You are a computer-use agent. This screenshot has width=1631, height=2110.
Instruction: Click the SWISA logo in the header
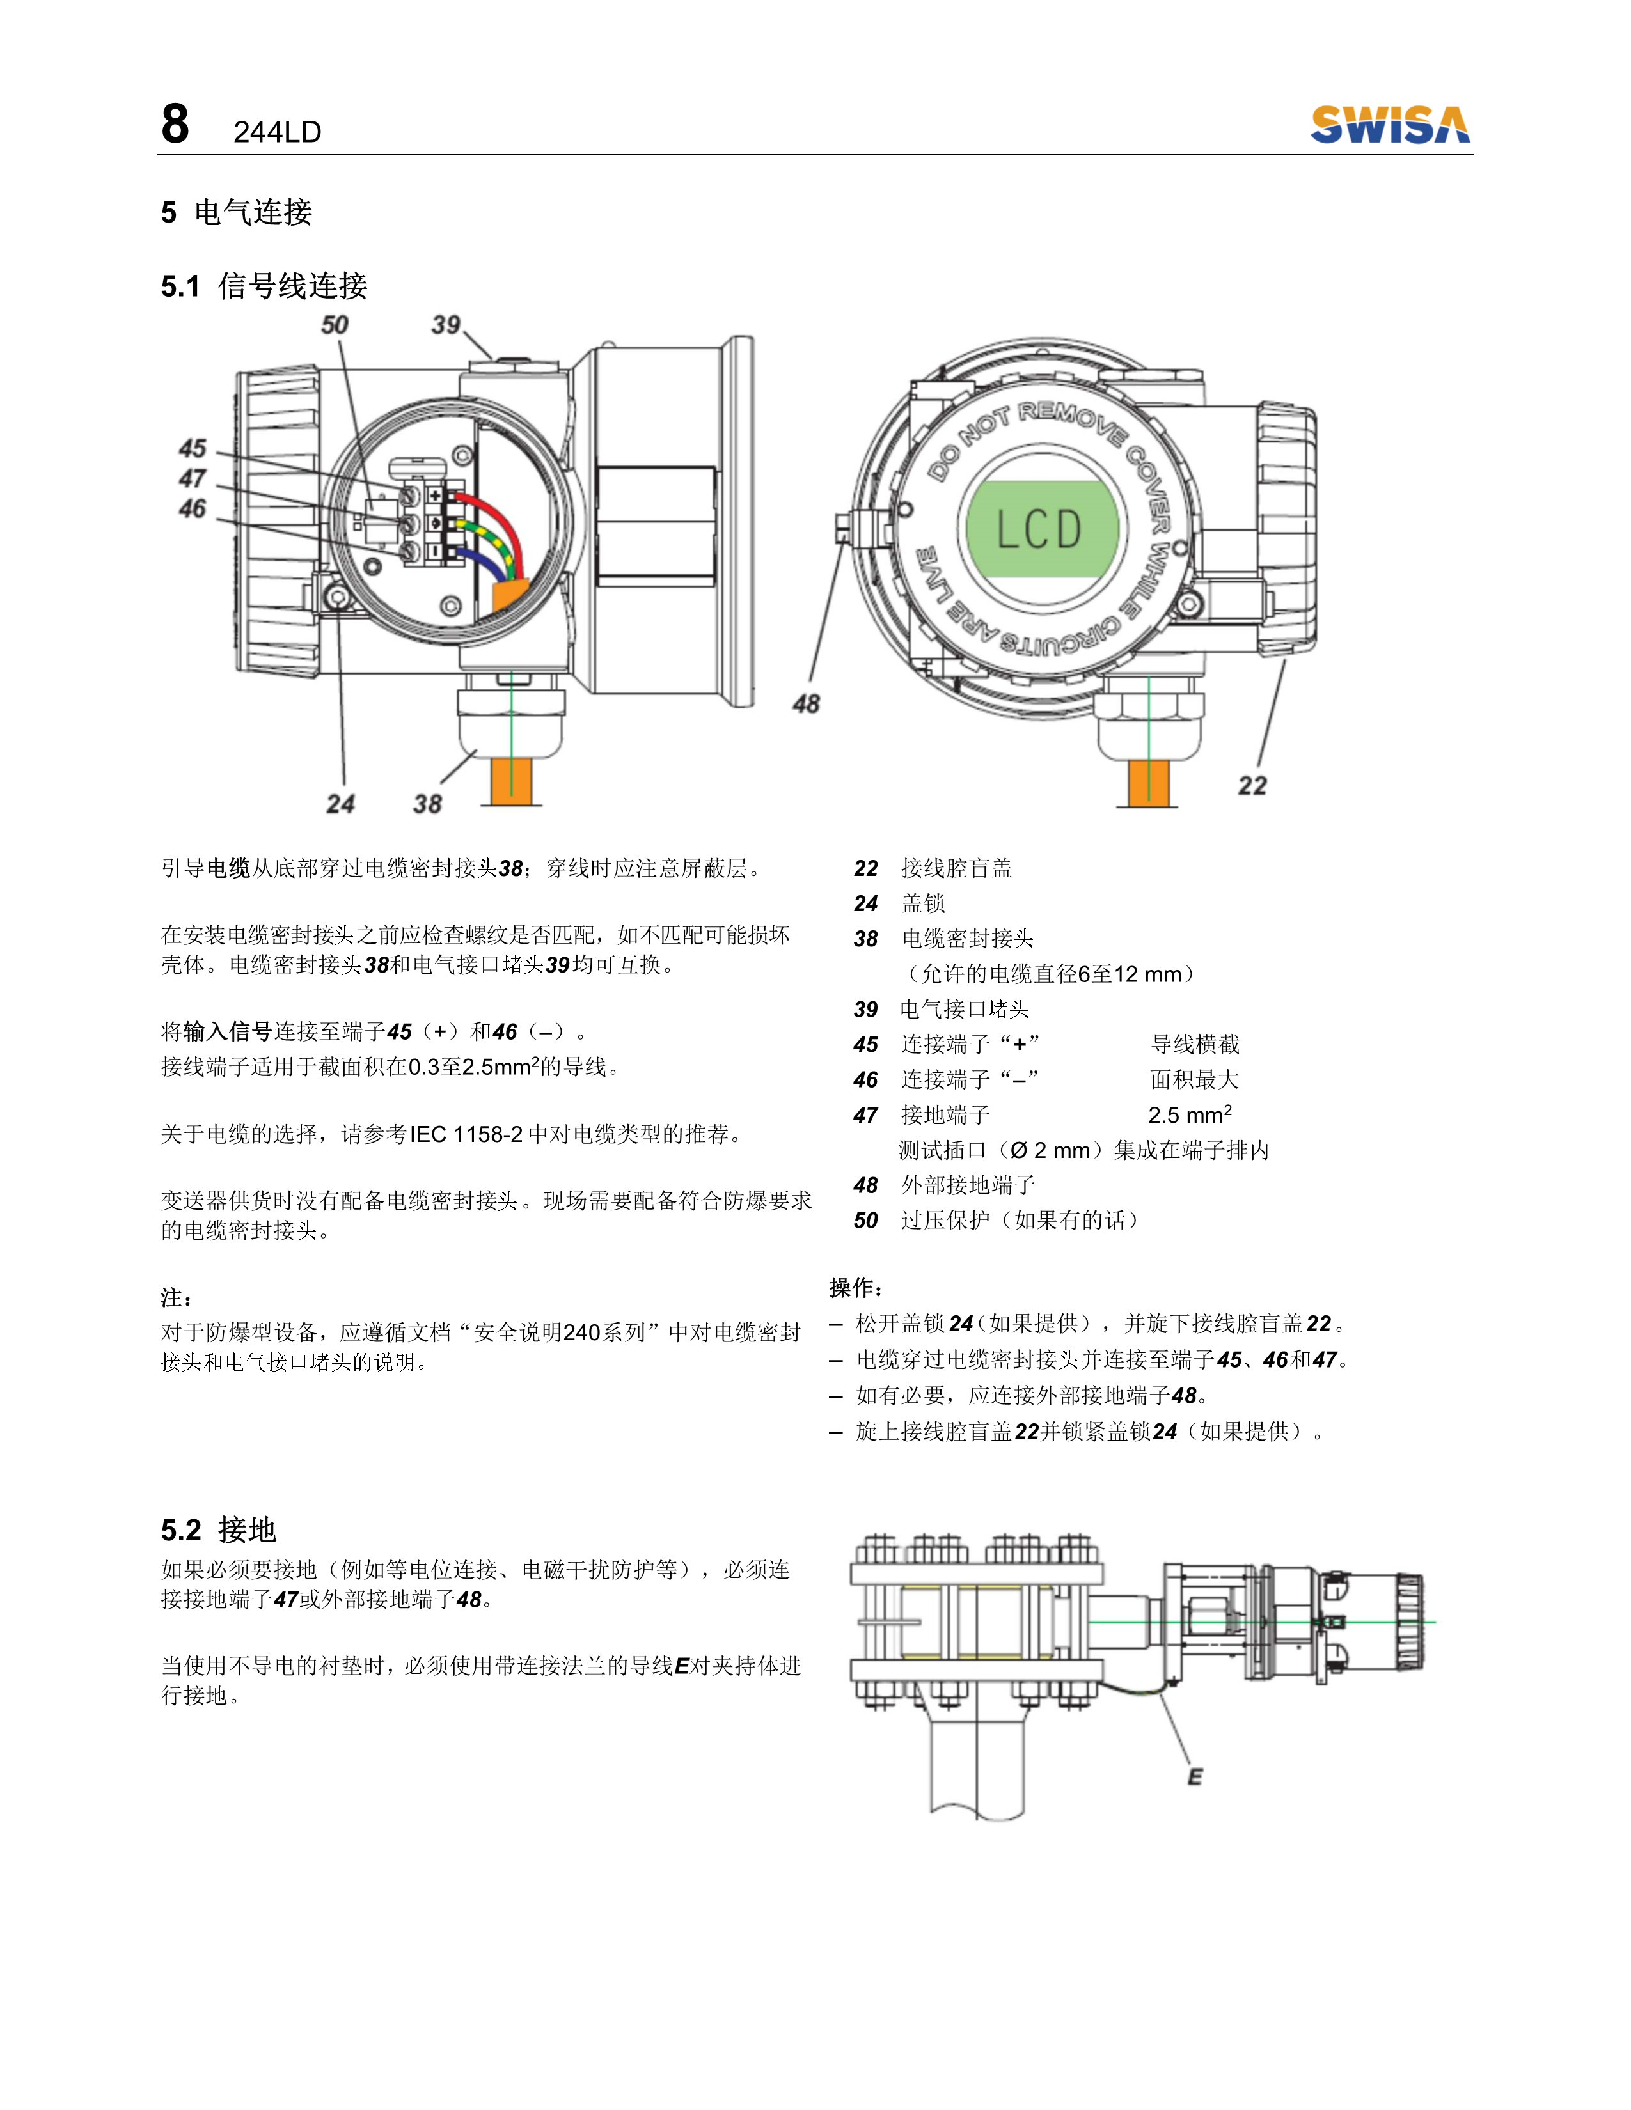pyautogui.click(x=1389, y=125)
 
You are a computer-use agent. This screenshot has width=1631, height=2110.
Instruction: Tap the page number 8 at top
pyautogui.click(x=175, y=125)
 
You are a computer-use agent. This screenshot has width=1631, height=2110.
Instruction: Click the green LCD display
pyautogui.click(x=1041, y=529)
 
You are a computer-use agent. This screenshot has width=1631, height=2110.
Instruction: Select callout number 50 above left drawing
pyautogui.click(x=335, y=325)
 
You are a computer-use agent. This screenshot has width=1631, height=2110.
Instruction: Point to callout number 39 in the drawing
pyautogui.click(x=445, y=325)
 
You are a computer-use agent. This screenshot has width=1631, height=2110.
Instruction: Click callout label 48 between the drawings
pyautogui.click(x=806, y=705)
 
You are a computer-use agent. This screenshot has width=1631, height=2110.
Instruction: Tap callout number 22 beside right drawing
pyautogui.click(x=1252, y=785)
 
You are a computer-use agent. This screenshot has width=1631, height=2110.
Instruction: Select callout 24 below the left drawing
pyautogui.click(x=340, y=804)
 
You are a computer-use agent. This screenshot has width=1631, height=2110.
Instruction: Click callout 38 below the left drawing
pyautogui.click(x=427, y=804)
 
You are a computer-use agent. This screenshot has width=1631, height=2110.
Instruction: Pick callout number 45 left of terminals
pyautogui.click(x=193, y=448)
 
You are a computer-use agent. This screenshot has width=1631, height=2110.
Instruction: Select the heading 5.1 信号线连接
pyautogui.click(x=264, y=286)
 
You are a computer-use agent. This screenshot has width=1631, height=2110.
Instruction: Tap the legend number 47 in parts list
pyautogui.click(x=866, y=1115)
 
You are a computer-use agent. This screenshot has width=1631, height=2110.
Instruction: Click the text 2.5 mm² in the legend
pyautogui.click(x=1190, y=1115)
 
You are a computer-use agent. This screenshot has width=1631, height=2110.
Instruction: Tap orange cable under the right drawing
pyautogui.click(x=1148, y=783)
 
